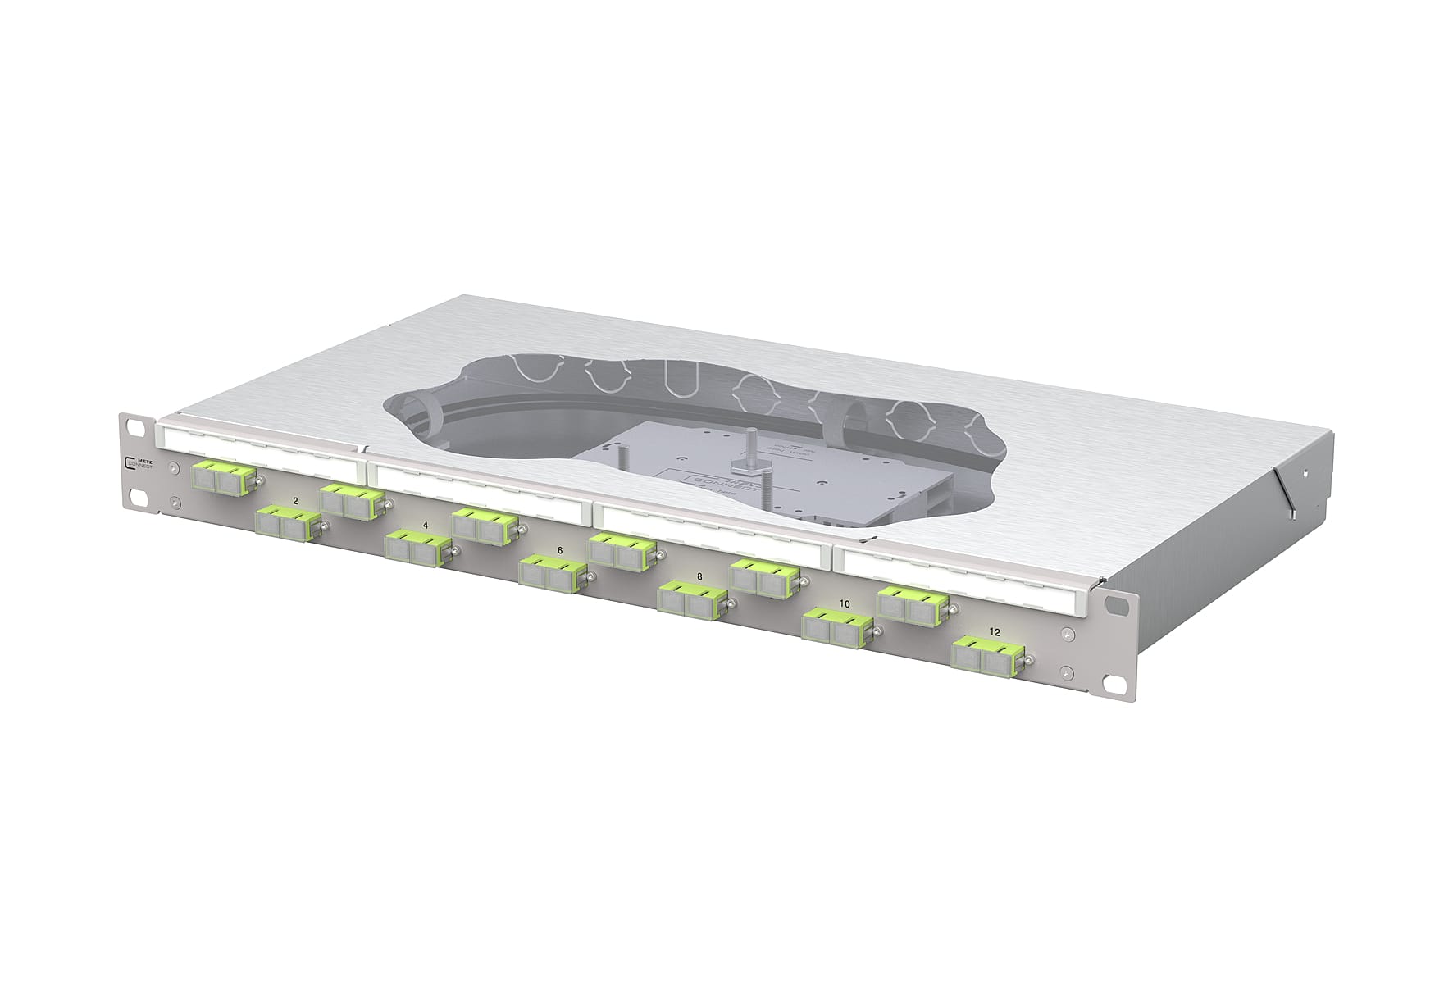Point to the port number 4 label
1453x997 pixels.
coord(424,524)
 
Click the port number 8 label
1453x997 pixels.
coord(699,576)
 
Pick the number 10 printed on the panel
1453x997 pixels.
coord(844,603)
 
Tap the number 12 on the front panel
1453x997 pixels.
coord(995,632)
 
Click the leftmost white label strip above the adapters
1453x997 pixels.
coord(258,447)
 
